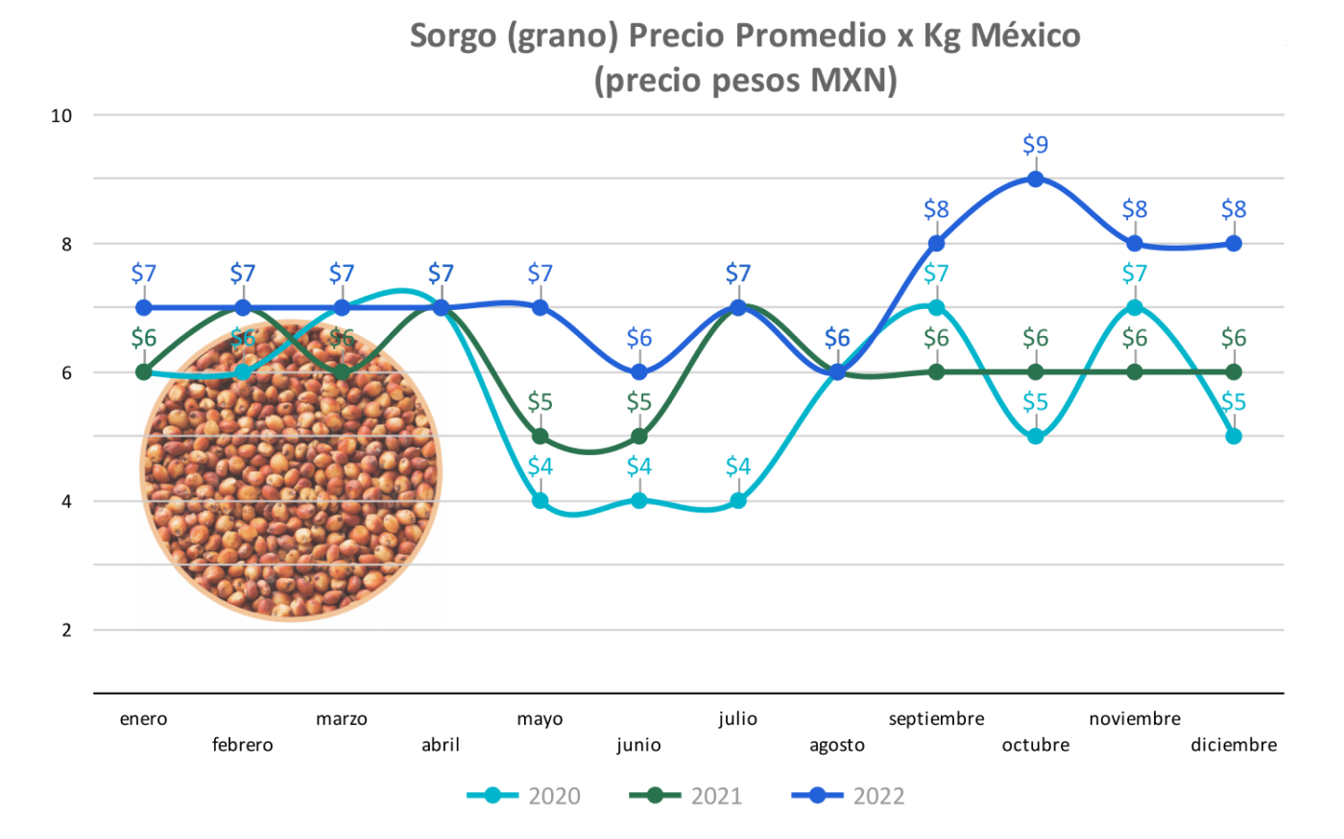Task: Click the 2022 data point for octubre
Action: pyautogui.click(x=1035, y=180)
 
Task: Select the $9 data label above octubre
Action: pyautogui.click(x=1035, y=145)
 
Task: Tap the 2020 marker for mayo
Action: pyautogui.click(x=540, y=501)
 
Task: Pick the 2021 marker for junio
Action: pyautogui.click(x=639, y=437)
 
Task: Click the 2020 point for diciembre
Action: pyautogui.click(x=1234, y=437)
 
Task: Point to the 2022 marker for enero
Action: pyautogui.click(x=144, y=308)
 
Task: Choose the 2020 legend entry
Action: pyautogui.click(x=524, y=796)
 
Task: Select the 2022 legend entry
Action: pyautogui.click(x=849, y=796)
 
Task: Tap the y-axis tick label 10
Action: pyautogui.click(x=61, y=116)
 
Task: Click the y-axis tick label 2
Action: pyautogui.click(x=67, y=631)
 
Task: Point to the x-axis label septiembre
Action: pyautogui.click(x=936, y=719)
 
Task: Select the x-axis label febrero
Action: pyautogui.click(x=243, y=745)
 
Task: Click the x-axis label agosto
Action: pyautogui.click(x=837, y=745)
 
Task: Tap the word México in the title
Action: pyautogui.click(x=1025, y=36)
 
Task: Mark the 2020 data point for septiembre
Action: pyautogui.click(x=936, y=308)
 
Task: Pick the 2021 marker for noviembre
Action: pyautogui.click(x=1135, y=372)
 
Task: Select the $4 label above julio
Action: pyautogui.click(x=738, y=467)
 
